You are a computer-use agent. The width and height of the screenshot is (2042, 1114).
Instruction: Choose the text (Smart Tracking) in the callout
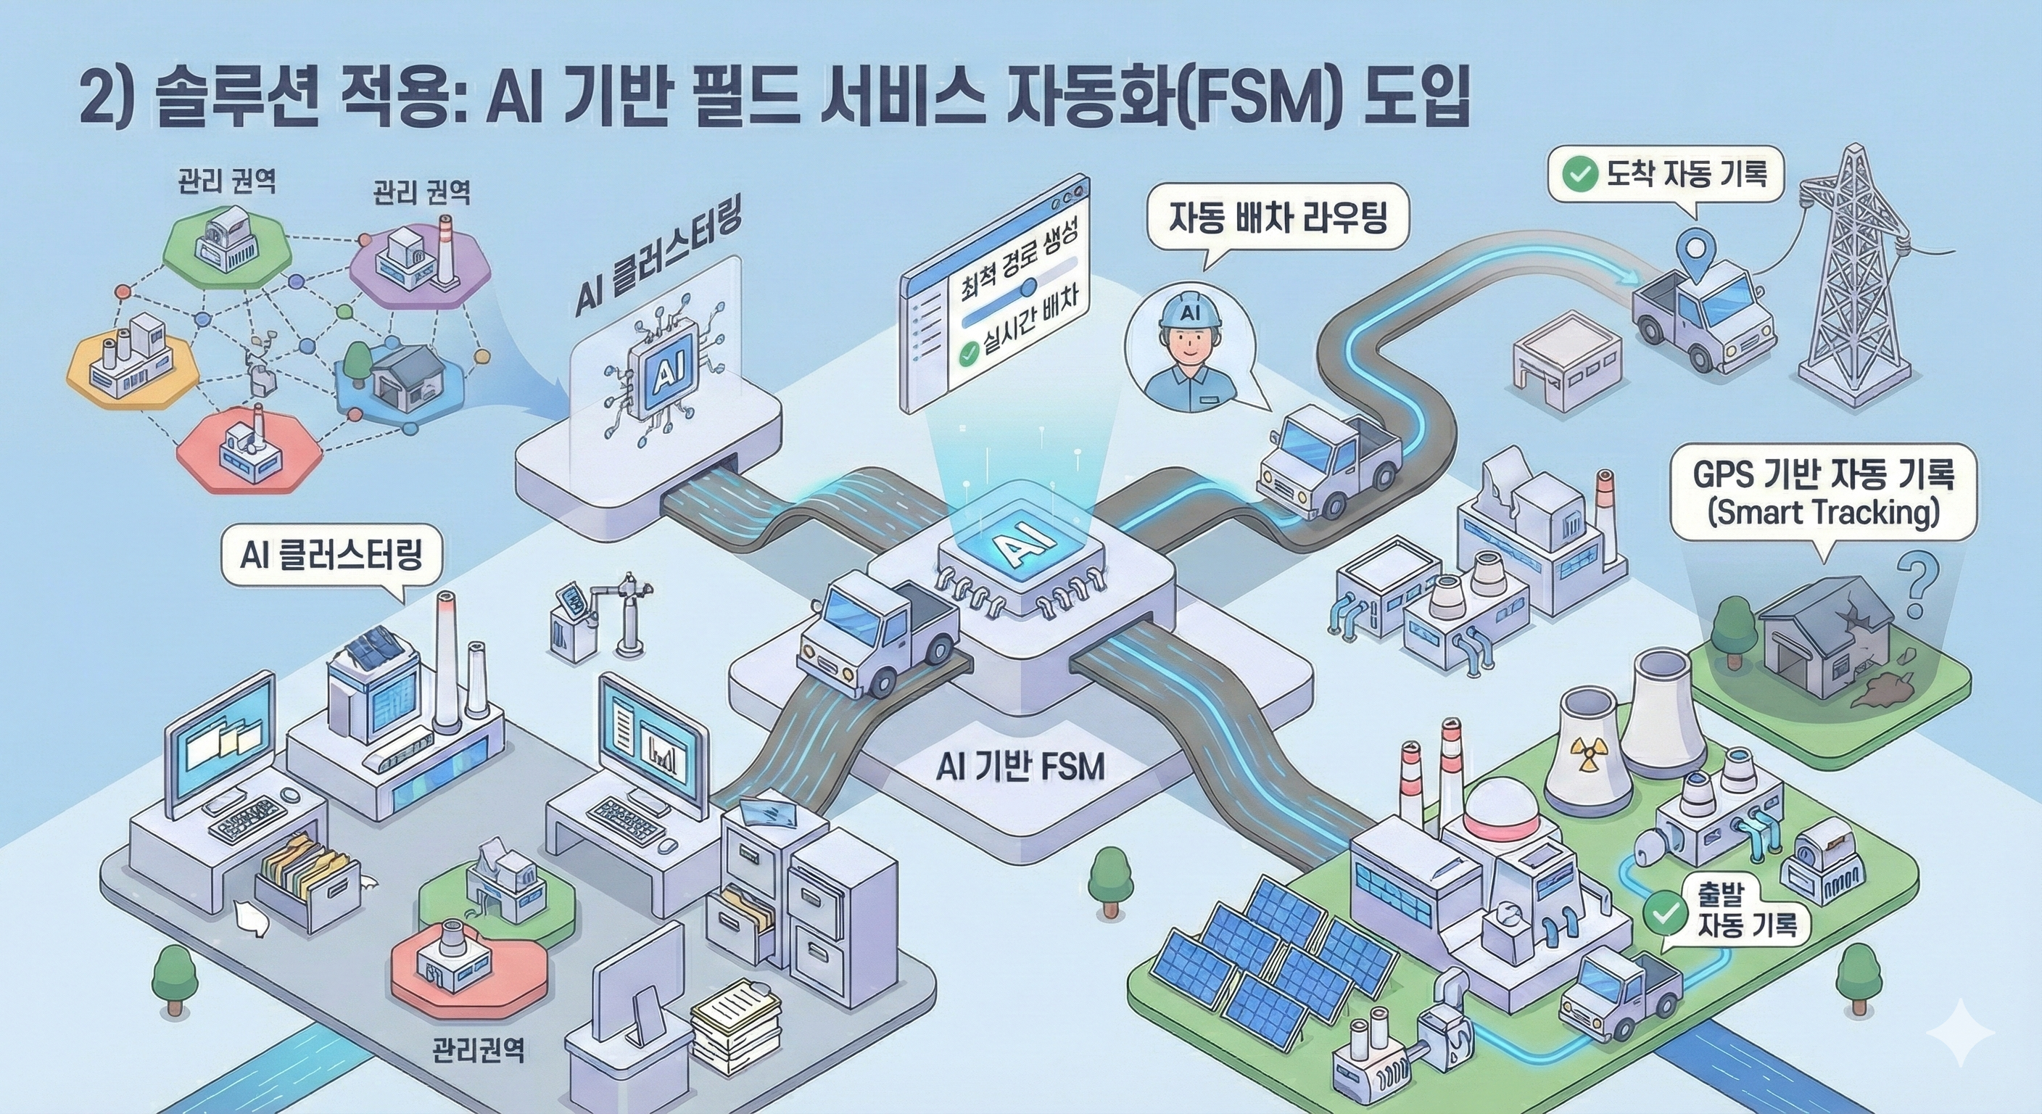pyautogui.click(x=1822, y=512)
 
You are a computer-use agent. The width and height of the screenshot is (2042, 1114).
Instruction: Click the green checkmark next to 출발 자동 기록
pyautogui.click(x=1666, y=915)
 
